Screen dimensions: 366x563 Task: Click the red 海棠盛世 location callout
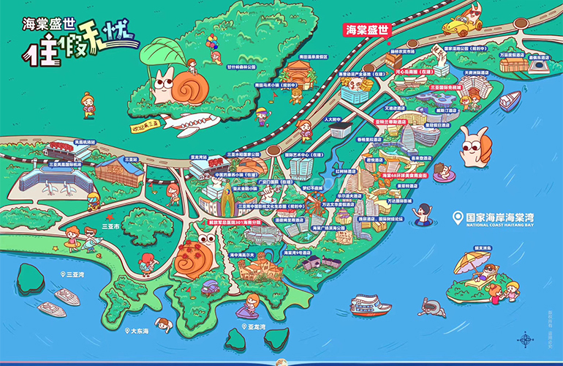coord(368,30)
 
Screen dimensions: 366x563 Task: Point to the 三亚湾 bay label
coord(73,274)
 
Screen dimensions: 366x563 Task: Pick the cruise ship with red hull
coord(371,304)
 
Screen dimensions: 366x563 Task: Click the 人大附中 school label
coord(334,118)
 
